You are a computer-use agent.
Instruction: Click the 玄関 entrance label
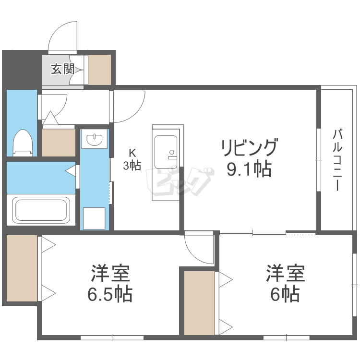click(x=62, y=69)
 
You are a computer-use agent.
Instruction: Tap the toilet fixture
click(x=23, y=143)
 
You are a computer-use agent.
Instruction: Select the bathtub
click(x=41, y=210)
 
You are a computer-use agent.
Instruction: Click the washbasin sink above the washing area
click(x=95, y=140)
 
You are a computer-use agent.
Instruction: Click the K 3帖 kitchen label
click(x=132, y=159)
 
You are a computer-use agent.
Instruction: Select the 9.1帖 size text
click(x=249, y=169)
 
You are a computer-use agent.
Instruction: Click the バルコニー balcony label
click(x=337, y=160)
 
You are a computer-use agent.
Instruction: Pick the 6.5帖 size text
click(x=110, y=294)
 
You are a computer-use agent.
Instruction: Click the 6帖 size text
click(x=285, y=294)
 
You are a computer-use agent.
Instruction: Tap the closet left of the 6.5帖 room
click(x=22, y=268)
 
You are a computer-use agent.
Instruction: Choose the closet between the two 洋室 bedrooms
click(x=199, y=303)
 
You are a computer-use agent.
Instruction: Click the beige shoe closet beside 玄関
click(x=100, y=70)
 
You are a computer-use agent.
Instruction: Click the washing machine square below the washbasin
click(x=94, y=218)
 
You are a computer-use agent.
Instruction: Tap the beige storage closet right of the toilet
click(x=59, y=143)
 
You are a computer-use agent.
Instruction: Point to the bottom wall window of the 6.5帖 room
click(x=112, y=337)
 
